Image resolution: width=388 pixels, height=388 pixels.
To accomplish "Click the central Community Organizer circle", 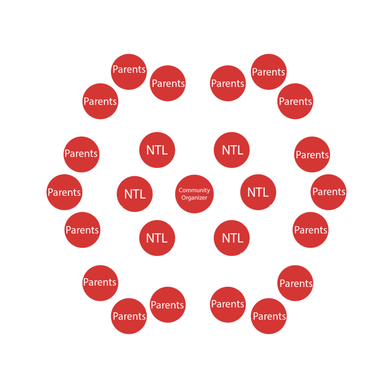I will click(194, 194).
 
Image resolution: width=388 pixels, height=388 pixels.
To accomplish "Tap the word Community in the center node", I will click(194, 190).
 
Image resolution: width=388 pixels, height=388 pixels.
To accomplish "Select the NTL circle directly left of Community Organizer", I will click(135, 194).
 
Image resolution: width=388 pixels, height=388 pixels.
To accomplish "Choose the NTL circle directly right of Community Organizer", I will click(258, 192).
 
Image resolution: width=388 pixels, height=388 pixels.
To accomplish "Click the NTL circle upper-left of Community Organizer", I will click(157, 150).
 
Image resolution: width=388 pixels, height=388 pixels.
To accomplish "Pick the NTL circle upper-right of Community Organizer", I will click(232, 150).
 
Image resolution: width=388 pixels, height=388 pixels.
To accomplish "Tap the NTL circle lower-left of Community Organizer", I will click(157, 238).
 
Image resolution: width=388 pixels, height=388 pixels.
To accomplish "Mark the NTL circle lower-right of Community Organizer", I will click(232, 238).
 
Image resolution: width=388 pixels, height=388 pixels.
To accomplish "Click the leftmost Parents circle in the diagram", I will click(64, 192).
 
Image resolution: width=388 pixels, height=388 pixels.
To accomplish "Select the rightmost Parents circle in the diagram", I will click(329, 192).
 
